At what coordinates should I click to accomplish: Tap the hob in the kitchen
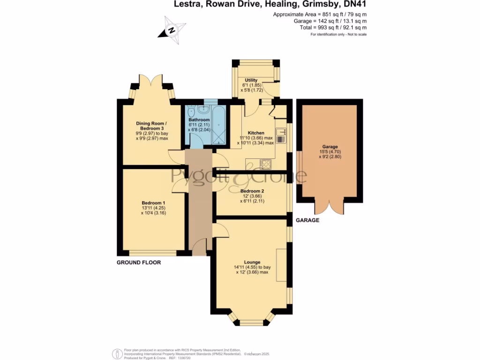click(266, 164)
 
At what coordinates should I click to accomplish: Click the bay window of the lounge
click(252, 322)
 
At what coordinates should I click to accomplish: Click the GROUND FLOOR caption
click(139, 262)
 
